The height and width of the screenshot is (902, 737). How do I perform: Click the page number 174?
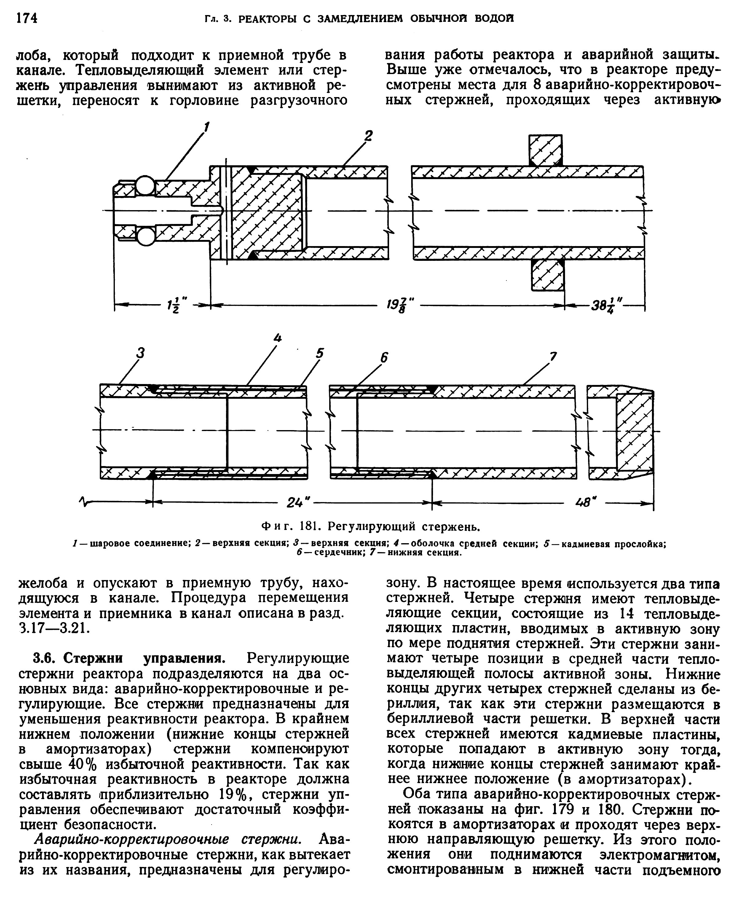coord(27,19)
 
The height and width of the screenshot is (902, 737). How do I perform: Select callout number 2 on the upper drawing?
coord(368,136)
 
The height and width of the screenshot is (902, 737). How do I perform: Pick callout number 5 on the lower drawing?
coord(320,353)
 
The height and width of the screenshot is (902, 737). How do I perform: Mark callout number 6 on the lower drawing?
coord(384,358)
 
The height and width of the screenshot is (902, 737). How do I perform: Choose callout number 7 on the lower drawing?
coord(553,357)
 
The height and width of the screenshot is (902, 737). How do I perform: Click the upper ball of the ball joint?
coord(146,186)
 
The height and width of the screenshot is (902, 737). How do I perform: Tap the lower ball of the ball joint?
coord(146,237)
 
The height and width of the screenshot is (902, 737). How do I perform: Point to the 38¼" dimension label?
coord(606,305)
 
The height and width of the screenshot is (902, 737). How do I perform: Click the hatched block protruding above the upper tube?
coord(545,150)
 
